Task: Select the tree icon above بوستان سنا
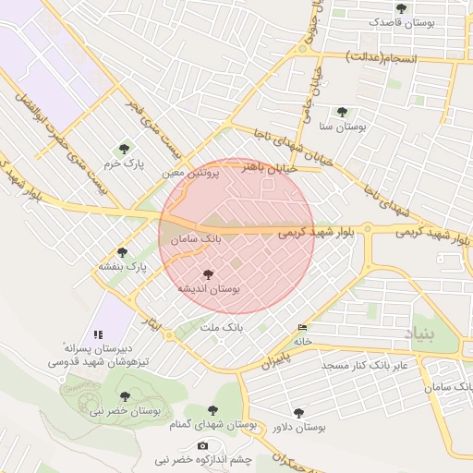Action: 343,111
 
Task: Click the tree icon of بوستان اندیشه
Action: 208,274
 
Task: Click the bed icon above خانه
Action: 303,328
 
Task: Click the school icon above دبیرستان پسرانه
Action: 98,334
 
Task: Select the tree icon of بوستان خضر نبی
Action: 126,395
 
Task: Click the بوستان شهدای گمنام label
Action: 212,424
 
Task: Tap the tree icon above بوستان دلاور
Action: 298,413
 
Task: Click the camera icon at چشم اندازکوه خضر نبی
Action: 202,445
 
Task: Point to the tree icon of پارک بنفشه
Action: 122,252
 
